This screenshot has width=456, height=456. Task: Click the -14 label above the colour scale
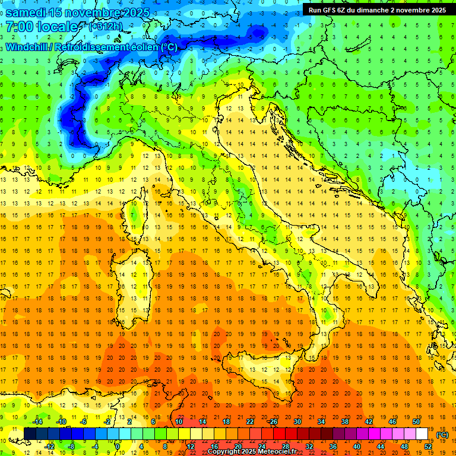[38, 421]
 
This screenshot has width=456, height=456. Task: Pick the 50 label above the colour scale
[416, 421]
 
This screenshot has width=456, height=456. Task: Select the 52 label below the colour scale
[428, 446]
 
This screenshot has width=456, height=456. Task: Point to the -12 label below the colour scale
[50, 446]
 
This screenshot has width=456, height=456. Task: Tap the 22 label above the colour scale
[249, 421]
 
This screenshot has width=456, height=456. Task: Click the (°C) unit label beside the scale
[442, 434]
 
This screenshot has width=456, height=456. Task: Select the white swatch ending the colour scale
[422, 433]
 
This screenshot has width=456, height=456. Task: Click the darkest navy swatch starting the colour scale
[30, 433]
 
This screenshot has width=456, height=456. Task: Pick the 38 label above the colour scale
[345, 421]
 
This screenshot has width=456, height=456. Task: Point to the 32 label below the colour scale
[309, 446]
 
